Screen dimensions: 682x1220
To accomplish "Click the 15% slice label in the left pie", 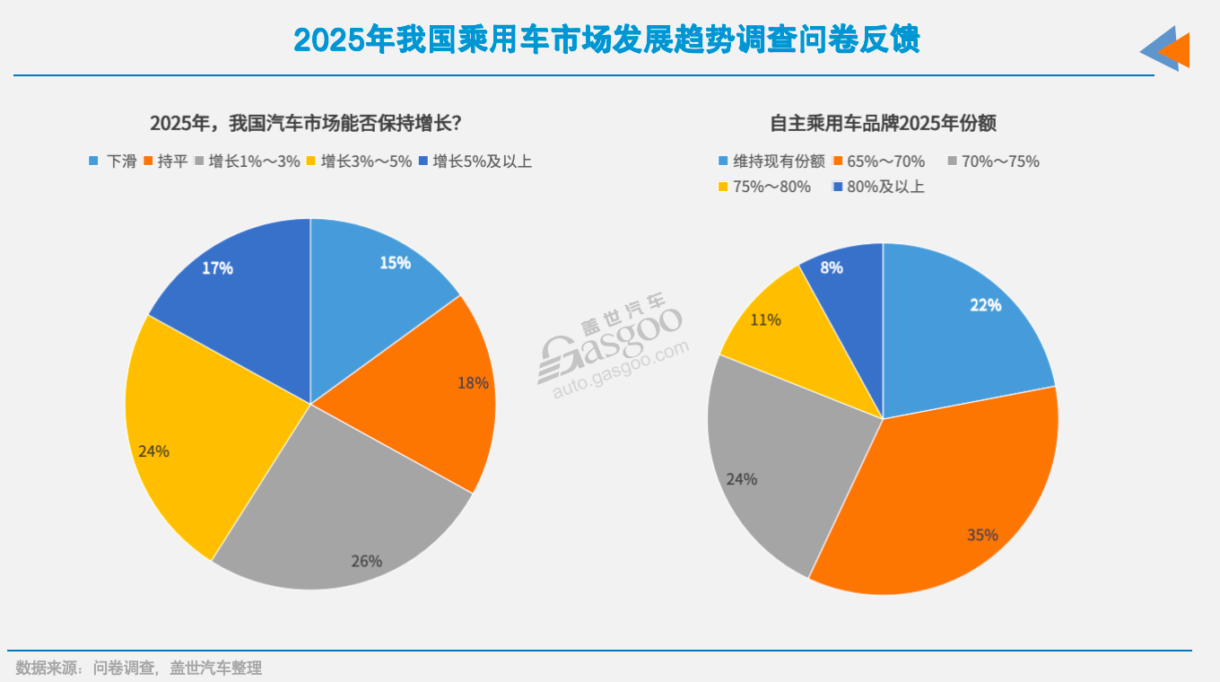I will [395, 263].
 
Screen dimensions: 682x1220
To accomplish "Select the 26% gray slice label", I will [366, 561].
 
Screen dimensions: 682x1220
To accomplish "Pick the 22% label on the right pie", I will [985, 305].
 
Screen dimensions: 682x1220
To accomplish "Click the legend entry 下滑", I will [113, 162].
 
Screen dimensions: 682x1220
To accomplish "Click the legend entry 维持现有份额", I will [771, 162].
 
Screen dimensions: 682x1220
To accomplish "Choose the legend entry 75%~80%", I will [763, 187].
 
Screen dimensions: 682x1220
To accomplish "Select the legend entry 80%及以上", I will [878, 187].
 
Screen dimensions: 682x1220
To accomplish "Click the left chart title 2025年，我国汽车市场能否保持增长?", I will [305, 123].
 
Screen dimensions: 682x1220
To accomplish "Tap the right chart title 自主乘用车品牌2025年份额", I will [883, 123].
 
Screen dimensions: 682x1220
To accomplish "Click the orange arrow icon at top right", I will [1175, 50].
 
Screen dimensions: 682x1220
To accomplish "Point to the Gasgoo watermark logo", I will [610, 350].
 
